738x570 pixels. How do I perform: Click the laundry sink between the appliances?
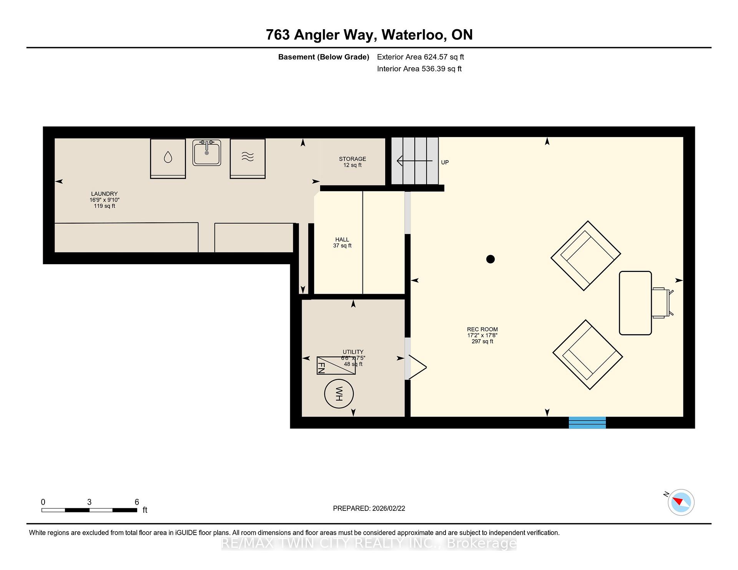(206, 152)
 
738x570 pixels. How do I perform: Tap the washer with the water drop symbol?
(168, 158)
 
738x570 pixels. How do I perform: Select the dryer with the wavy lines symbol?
(248, 158)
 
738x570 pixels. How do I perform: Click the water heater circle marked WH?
(339, 394)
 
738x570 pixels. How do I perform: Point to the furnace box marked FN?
(336, 365)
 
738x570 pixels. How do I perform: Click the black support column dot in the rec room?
(490, 259)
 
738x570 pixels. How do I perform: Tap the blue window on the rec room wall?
(587, 423)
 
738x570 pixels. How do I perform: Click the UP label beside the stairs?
(445, 162)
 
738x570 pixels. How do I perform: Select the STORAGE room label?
(352, 159)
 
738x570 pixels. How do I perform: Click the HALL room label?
(342, 240)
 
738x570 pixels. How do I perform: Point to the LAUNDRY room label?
(104, 194)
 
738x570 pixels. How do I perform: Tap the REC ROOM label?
(482, 329)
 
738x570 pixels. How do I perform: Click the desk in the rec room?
(635, 303)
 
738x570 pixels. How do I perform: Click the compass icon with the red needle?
(681, 502)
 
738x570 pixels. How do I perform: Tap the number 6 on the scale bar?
(137, 502)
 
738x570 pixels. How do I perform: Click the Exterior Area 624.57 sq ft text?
(421, 57)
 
